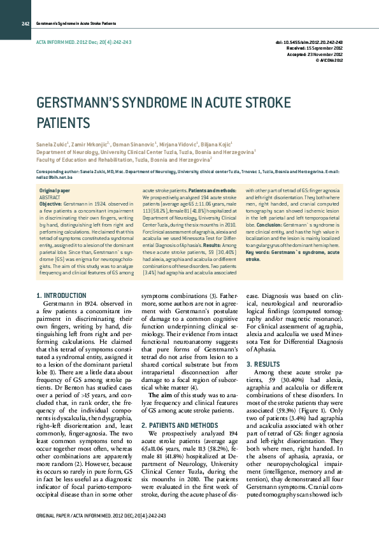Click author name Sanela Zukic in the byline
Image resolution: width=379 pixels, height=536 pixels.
pyautogui.click(x=51, y=145)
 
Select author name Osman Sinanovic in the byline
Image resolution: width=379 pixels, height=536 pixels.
pyautogui.click(x=136, y=145)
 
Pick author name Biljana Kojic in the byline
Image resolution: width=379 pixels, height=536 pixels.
pyautogui.click(x=217, y=145)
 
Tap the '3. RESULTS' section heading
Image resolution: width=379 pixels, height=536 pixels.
pyautogui.click(x=262, y=363)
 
